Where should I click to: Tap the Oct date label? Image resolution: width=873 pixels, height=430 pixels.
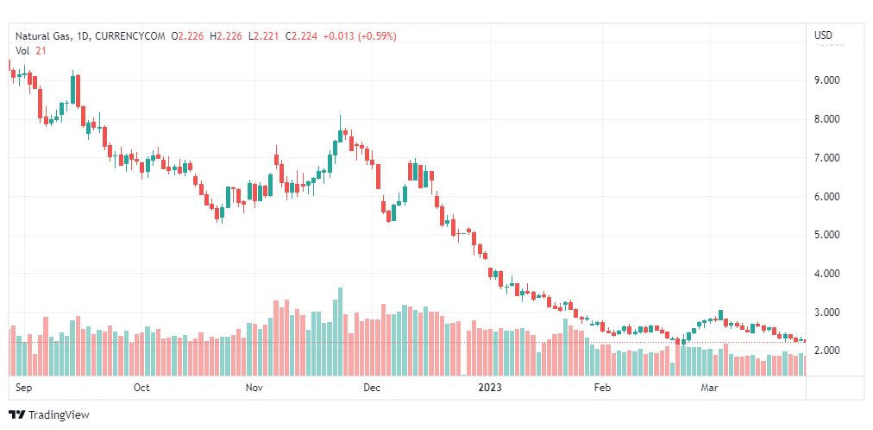(x=141, y=388)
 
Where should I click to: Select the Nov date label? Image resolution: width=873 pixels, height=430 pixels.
(x=254, y=388)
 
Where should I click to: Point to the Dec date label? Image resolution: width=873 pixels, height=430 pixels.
(x=371, y=388)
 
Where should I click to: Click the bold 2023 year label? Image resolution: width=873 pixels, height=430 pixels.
(x=489, y=388)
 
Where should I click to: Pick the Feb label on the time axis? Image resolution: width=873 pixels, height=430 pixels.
(x=603, y=388)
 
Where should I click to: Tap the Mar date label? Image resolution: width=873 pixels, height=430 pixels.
(x=710, y=388)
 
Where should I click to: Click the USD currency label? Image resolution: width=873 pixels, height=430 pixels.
(x=824, y=35)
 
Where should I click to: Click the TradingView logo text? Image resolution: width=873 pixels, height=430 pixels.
(x=58, y=415)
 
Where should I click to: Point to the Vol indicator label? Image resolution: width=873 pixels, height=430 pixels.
(x=23, y=51)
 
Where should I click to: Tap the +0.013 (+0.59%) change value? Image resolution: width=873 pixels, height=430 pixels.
(x=360, y=35)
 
